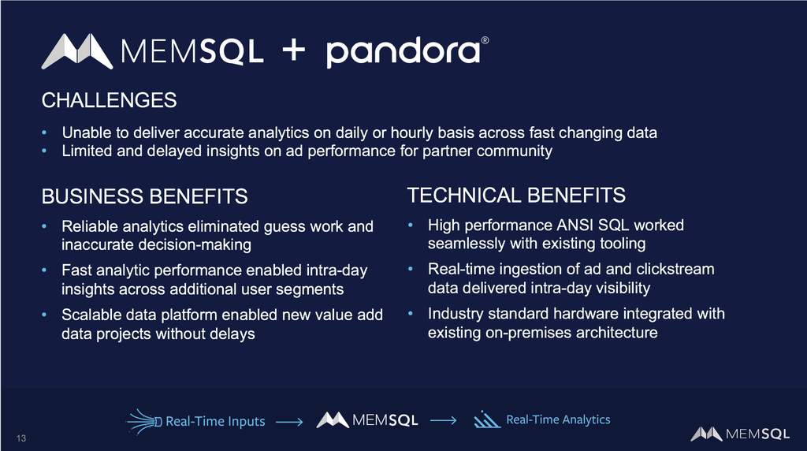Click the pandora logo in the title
tap(407, 51)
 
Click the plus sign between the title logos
tap(294, 51)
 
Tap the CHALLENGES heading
tap(109, 100)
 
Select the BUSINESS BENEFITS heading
tap(145, 196)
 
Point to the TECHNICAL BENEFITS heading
tap(516, 196)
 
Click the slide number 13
tap(21, 438)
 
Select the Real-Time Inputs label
tap(215, 421)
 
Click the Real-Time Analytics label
tap(559, 419)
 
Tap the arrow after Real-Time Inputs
tap(289, 422)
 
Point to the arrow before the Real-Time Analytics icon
tap(443, 420)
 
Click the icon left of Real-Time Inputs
tap(144, 422)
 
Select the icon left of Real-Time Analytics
tap(486, 419)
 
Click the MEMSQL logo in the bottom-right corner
tap(740, 434)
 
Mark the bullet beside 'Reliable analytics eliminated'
tap(44, 226)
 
